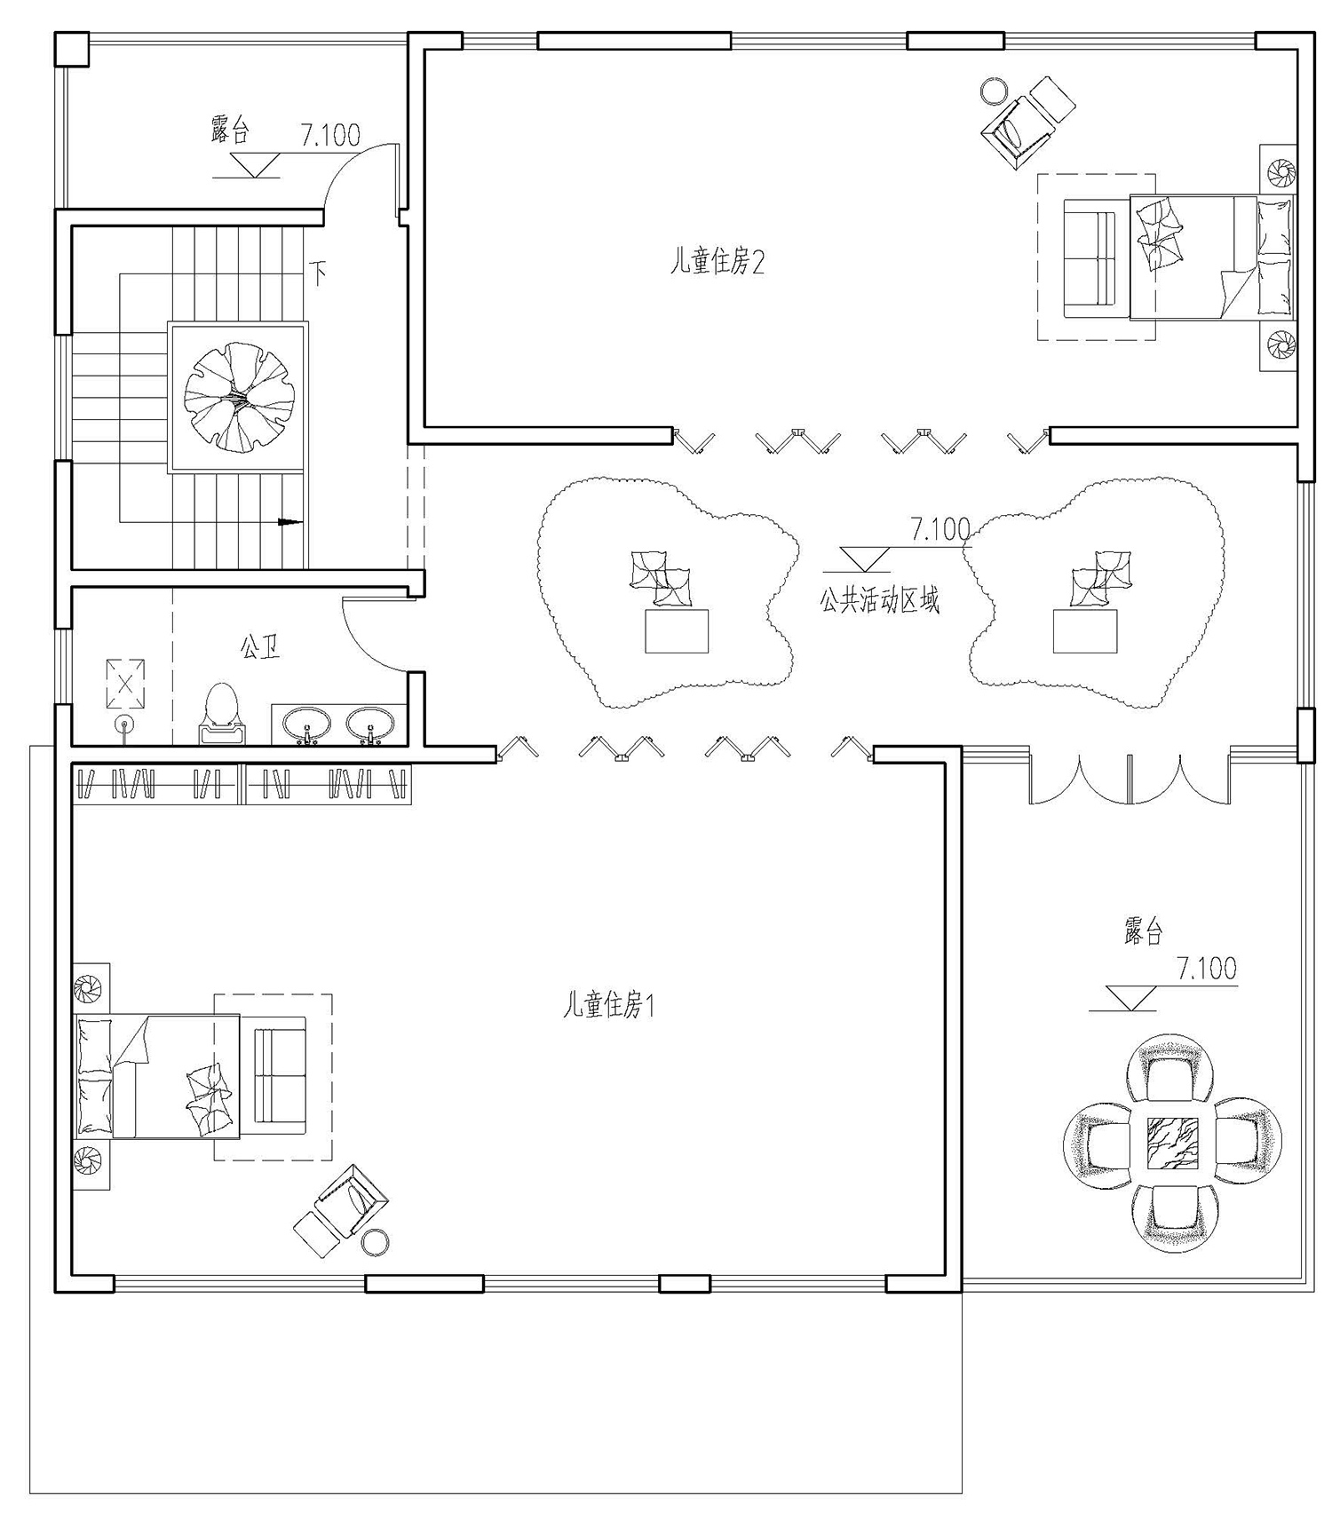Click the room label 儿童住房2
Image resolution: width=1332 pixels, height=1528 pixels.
[x=717, y=262]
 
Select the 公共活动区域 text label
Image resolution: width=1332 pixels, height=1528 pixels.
[x=879, y=601]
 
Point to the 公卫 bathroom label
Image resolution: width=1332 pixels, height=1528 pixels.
[x=259, y=646]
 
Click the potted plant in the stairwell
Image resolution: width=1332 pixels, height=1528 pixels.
[x=238, y=396]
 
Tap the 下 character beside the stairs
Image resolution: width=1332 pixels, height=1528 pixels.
[x=317, y=270]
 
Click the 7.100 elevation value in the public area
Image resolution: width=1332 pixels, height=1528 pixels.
[x=940, y=530]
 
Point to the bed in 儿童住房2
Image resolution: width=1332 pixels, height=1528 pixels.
[x=1209, y=257]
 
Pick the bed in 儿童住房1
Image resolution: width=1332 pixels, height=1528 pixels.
[x=157, y=1075]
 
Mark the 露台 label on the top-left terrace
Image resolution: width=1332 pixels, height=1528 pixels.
[x=231, y=130]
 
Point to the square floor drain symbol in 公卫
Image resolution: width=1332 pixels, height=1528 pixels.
[x=125, y=683]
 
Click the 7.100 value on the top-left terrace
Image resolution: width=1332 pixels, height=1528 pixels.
[x=330, y=135]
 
